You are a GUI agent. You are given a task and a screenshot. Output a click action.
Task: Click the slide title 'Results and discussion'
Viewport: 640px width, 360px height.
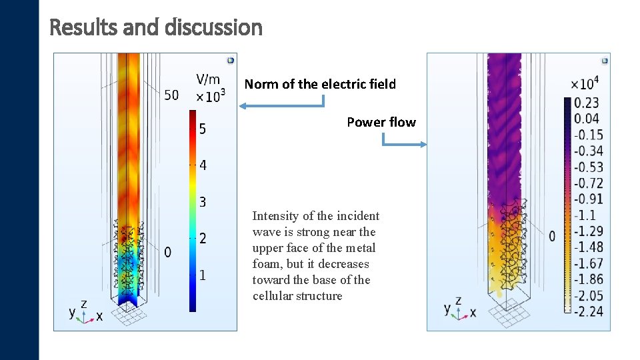click(x=156, y=27)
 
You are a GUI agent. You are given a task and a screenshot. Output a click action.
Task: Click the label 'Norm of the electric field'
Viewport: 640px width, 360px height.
click(x=320, y=84)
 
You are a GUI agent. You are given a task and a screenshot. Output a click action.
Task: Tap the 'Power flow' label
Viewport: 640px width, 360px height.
click(x=381, y=122)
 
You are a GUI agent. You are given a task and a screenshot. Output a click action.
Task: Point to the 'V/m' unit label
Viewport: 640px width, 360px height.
click(x=208, y=79)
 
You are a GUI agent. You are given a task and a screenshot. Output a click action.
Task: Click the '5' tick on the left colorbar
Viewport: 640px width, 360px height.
click(x=202, y=129)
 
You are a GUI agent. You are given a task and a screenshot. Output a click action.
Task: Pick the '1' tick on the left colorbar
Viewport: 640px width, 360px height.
click(x=202, y=275)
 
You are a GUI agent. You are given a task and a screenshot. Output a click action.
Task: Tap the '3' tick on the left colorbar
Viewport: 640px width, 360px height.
click(x=202, y=201)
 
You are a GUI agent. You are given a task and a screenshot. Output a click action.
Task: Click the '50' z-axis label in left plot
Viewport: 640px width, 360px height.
click(x=171, y=95)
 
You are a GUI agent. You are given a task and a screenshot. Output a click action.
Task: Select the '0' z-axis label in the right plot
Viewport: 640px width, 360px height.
click(x=552, y=236)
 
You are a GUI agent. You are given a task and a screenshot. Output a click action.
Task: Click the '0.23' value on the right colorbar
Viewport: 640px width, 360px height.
click(x=587, y=103)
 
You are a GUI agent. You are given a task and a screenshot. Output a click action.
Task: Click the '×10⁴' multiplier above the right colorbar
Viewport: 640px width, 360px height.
click(x=585, y=83)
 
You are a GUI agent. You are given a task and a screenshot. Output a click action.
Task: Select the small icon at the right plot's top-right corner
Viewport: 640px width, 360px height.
click(x=604, y=60)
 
